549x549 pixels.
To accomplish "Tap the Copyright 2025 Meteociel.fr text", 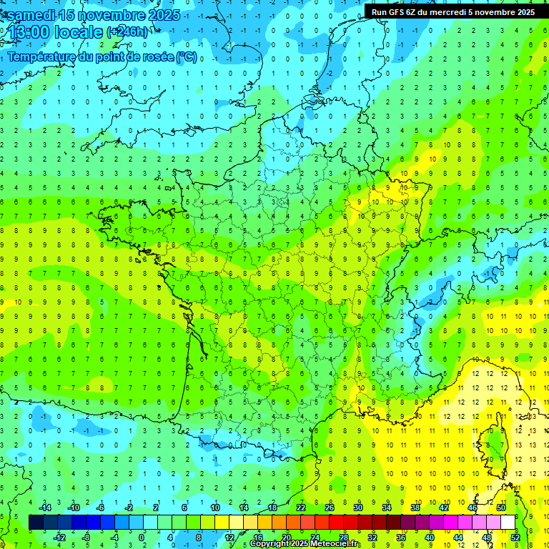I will (305, 544).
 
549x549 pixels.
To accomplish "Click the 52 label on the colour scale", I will (515, 537).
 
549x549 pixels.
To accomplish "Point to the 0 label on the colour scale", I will (142, 537).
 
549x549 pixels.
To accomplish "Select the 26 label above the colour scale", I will (330, 507).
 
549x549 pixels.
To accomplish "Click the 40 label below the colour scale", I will (429, 537).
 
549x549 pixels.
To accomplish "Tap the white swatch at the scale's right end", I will (508, 522).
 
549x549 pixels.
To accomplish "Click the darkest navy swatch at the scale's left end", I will (36, 522).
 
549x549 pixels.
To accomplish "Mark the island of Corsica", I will (493, 443).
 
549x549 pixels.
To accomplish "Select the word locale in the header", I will (79, 31).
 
